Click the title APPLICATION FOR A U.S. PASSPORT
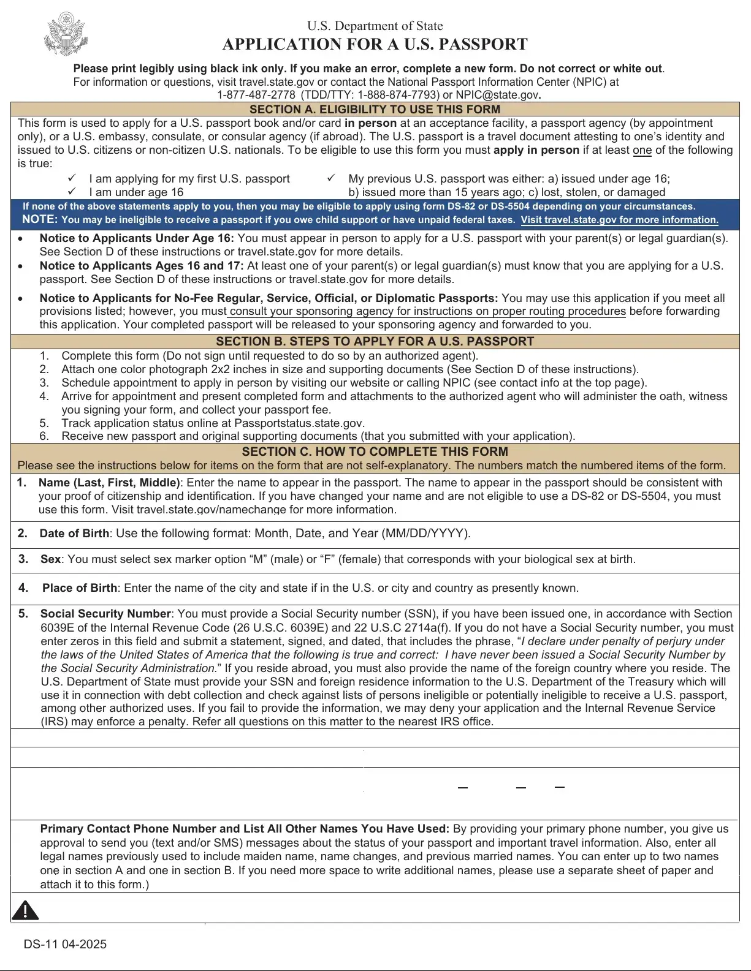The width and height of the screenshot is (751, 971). (375, 45)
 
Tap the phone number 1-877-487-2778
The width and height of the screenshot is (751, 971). (256, 95)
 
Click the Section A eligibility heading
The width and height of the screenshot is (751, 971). (375, 110)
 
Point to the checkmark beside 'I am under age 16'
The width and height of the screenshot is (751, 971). (72, 192)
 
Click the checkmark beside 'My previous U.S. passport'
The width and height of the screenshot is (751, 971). (331, 178)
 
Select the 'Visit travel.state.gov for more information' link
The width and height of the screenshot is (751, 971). (619, 220)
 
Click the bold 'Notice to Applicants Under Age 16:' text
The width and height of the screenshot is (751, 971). (137, 238)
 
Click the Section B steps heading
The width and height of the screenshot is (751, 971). (375, 341)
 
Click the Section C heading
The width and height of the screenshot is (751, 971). (375, 451)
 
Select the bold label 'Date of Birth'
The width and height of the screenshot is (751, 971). (74, 534)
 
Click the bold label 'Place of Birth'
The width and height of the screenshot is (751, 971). (80, 588)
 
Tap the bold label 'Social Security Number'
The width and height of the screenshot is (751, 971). (105, 614)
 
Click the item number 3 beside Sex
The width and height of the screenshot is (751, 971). (23, 559)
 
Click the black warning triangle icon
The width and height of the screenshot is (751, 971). (25, 910)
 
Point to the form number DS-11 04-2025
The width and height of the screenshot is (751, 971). (65, 944)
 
